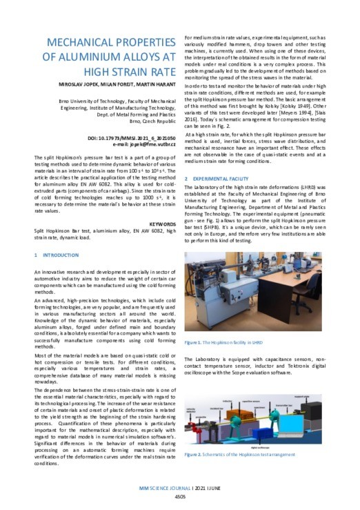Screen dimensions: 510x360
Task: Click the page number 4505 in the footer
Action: [179, 495]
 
